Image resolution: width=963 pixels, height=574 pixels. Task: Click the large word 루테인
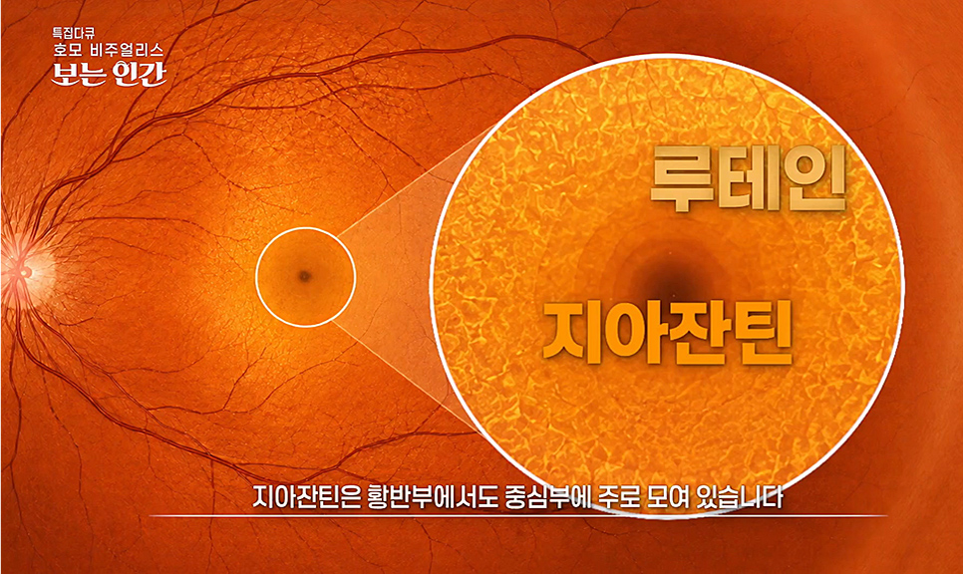point(749,178)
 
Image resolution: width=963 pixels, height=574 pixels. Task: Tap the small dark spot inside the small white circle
point(304,276)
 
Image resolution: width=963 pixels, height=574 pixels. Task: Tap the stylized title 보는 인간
point(109,73)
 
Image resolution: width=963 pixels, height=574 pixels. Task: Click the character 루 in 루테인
point(682,178)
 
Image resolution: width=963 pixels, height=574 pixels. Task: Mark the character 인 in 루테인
point(816,178)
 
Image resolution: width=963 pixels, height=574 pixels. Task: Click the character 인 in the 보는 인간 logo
point(126,74)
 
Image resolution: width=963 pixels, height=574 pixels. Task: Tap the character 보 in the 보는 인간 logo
point(63,74)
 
